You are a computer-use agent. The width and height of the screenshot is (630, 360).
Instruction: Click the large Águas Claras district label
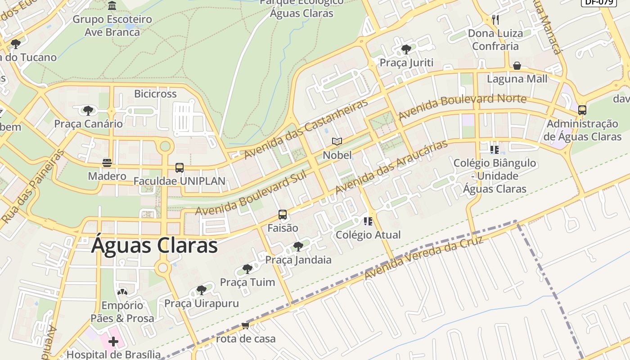pyautogui.click(x=154, y=246)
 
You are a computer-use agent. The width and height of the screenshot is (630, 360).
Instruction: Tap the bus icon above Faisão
pyautogui.click(x=283, y=215)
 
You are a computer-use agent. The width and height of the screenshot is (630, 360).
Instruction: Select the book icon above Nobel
pyautogui.click(x=337, y=142)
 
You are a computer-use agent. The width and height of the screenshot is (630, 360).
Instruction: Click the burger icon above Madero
pyautogui.click(x=107, y=162)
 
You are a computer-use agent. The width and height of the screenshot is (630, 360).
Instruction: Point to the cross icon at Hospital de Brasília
pyautogui.click(x=113, y=342)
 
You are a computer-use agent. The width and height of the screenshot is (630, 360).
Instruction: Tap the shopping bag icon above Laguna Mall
pyautogui.click(x=517, y=66)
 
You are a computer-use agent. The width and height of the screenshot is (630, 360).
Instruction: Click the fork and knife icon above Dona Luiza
pyautogui.click(x=495, y=20)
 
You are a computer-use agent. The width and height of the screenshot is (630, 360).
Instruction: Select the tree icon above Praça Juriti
pyautogui.click(x=406, y=49)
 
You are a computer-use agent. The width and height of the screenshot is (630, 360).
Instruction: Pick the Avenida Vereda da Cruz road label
pyautogui.click(x=423, y=258)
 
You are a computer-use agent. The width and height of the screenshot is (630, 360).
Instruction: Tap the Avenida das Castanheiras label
pyautogui.click(x=306, y=128)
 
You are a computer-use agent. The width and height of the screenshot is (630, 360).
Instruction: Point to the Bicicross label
pyautogui.click(x=155, y=94)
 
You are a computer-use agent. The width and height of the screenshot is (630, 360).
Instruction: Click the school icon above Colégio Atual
pyautogui.click(x=368, y=221)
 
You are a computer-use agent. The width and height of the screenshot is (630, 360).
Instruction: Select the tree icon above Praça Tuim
pyautogui.click(x=247, y=269)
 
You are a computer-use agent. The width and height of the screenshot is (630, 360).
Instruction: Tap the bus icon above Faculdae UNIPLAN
pyautogui.click(x=179, y=168)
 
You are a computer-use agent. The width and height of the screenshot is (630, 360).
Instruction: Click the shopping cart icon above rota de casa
pyautogui.click(x=245, y=325)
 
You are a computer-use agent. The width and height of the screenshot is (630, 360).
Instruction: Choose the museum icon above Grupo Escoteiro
pyautogui.click(x=112, y=6)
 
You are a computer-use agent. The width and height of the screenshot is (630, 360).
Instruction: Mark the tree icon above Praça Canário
pyautogui.click(x=88, y=110)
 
